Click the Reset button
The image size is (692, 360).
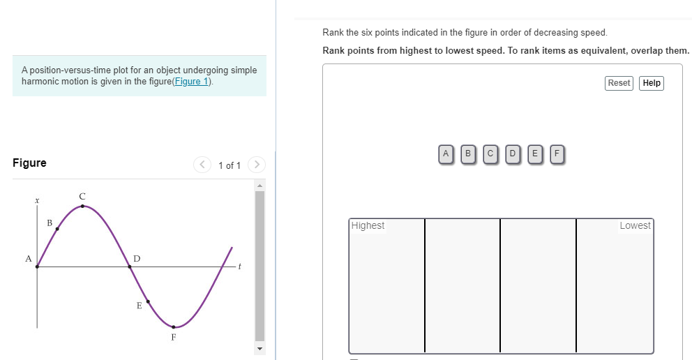[619, 83]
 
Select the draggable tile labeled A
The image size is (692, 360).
[446, 153]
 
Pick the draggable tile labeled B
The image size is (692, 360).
[468, 153]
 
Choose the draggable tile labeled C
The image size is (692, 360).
[490, 153]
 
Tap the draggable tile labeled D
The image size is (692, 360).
[513, 153]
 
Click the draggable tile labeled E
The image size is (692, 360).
[534, 153]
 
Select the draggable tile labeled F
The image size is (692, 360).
[557, 153]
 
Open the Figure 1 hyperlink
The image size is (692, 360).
[195, 82]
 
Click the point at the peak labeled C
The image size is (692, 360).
[82, 206]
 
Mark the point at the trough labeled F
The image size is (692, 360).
[174, 327]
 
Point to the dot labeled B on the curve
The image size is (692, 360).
[57, 228]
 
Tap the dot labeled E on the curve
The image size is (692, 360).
[148, 302]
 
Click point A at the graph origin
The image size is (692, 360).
[37, 267]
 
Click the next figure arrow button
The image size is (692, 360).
[257, 165]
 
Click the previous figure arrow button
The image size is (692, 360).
[202, 165]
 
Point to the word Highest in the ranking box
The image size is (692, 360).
[368, 226]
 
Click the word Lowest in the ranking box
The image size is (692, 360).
[634, 226]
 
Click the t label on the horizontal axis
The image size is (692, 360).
[239, 267]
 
